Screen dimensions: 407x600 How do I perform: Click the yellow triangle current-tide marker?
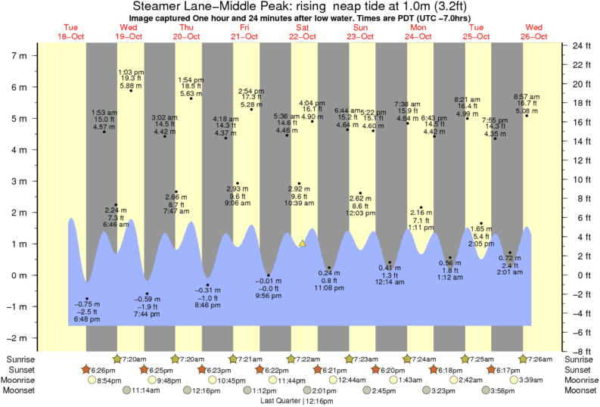[x=302, y=243]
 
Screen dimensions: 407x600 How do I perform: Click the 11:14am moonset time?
[x=147, y=390]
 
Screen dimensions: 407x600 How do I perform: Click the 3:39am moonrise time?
[x=538, y=380]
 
